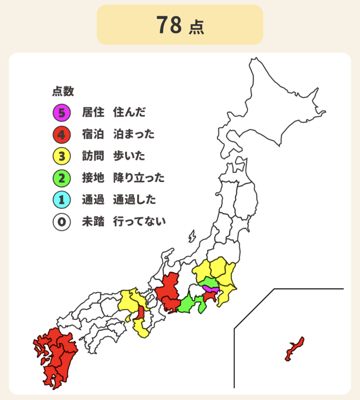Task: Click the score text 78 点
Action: pos(180,25)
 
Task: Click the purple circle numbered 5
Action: pos(61,112)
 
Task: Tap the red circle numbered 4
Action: pos(61,135)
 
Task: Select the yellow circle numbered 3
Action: pos(61,156)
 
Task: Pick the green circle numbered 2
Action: pos(61,178)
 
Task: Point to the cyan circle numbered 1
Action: pos(61,200)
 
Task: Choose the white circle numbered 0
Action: pos(61,222)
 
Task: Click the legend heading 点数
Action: pos(63,91)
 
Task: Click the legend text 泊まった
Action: pos(134,135)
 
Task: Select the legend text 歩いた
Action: pos(129,156)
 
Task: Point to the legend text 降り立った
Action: pos(139,178)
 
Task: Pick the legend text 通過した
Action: pos(134,200)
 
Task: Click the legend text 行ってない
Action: pos(139,222)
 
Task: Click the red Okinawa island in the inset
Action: pos(295,350)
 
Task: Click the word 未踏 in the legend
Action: pos(92,222)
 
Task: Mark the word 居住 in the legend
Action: pos(92,112)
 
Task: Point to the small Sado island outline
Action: pos(192,236)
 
